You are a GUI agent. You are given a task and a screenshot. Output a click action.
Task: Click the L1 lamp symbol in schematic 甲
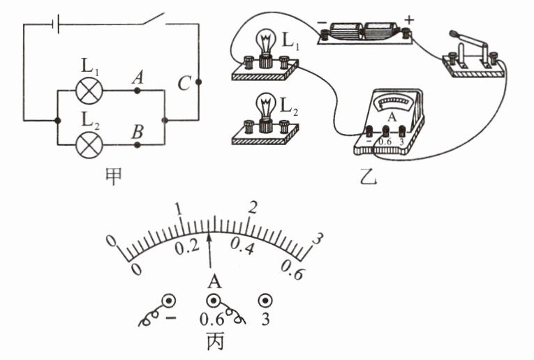[89, 91]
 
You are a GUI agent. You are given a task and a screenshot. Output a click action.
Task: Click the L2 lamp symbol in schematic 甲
[89, 144]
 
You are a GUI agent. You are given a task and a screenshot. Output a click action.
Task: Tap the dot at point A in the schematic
[137, 91]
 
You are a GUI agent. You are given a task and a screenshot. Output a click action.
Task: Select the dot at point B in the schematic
[137, 145]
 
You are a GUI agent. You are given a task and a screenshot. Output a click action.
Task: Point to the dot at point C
[198, 82]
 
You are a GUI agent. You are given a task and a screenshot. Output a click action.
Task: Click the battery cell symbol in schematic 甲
[56, 24]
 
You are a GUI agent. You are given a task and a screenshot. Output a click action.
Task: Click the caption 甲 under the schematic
[114, 177]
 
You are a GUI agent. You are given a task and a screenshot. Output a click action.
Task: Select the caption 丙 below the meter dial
[216, 341]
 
